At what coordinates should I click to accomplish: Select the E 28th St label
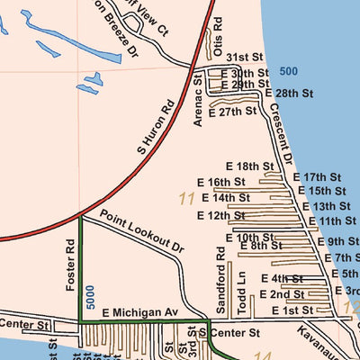[288, 93]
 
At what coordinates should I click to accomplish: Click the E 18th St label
[248, 166]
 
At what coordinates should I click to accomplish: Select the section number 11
[187, 198]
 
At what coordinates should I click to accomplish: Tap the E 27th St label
[231, 112]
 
